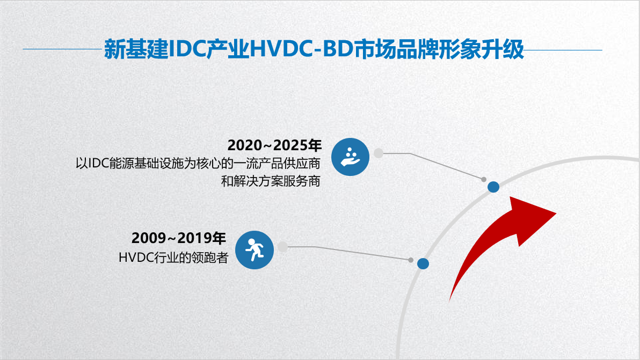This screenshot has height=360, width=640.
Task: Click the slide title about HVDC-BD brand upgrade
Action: click(314, 49)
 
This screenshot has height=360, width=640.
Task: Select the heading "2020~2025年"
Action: click(274, 145)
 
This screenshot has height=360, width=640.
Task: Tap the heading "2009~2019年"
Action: click(178, 238)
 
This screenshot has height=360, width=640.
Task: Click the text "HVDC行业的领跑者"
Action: click(173, 258)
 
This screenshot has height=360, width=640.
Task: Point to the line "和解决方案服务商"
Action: click(271, 181)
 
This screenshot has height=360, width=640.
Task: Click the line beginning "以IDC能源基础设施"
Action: click(198, 163)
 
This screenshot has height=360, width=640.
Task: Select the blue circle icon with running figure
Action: click(254, 250)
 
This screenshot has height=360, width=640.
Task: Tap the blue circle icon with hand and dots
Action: click(350, 157)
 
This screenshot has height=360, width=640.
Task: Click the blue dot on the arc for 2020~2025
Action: click(493, 187)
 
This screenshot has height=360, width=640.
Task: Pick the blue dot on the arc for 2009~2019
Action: click(423, 264)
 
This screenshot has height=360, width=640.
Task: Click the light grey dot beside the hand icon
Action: click(379, 153)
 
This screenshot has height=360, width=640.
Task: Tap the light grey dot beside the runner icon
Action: click(282, 247)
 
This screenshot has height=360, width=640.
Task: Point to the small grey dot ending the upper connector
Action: click(484, 179)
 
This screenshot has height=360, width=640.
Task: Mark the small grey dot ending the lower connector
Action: click(411, 260)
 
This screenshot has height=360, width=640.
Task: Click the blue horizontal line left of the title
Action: click(62, 49)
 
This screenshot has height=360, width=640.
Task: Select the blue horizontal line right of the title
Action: click(563, 50)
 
